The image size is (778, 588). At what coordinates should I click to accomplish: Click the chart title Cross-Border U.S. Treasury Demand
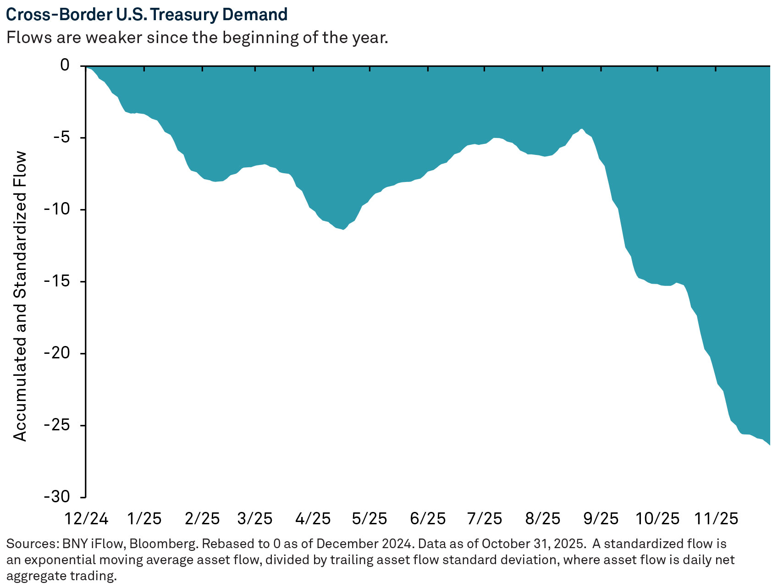[147, 15]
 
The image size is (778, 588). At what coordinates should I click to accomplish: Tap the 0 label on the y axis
[65, 66]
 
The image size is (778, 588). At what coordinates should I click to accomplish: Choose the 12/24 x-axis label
[86, 518]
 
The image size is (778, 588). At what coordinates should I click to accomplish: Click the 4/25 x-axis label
[313, 518]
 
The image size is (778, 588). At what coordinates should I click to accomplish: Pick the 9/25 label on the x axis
[601, 518]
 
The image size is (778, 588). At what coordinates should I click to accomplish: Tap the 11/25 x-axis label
[716, 518]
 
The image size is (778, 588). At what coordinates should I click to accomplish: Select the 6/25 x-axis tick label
[428, 518]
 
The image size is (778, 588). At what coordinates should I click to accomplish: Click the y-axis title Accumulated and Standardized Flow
[20, 297]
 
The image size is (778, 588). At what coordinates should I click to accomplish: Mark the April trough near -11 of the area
[342, 229]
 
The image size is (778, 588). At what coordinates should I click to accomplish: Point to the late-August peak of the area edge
[581, 130]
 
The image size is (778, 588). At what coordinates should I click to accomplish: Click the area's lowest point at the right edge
[769, 444]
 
